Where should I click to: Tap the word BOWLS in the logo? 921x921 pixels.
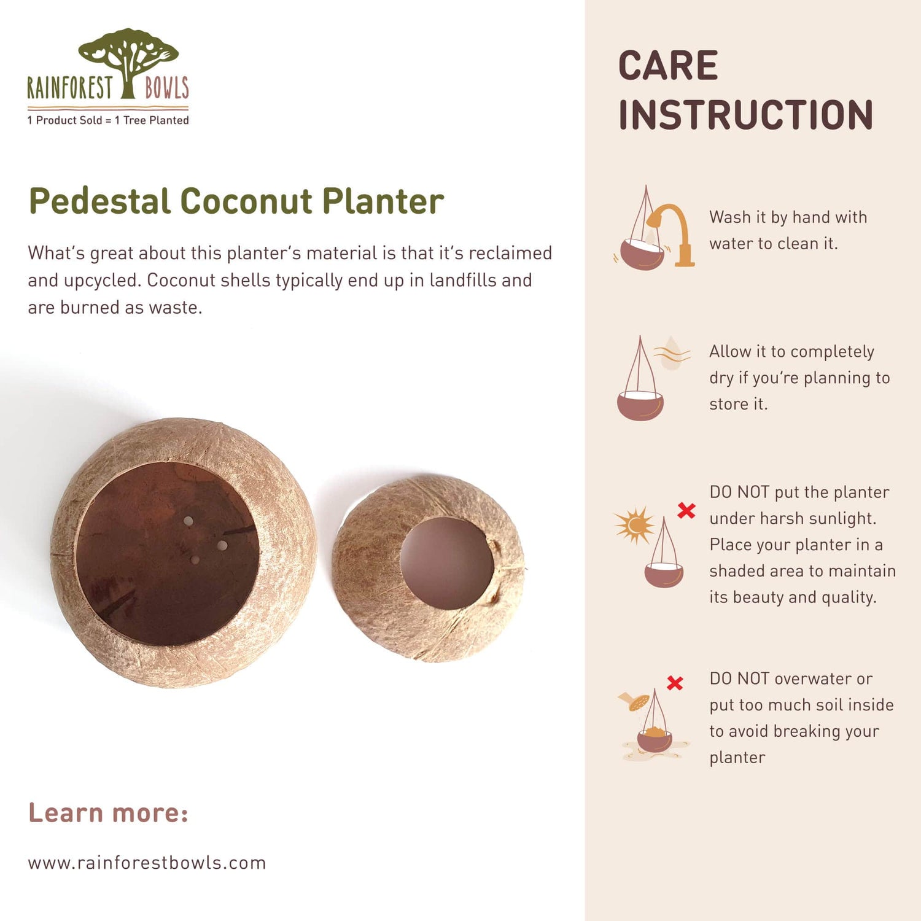click(x=166, y=88)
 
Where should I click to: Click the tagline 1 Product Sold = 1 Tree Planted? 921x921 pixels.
click(x=108, y=120)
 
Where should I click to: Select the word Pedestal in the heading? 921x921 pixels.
click(x=99, y=201)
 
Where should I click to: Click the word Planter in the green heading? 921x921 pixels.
click(x=383, y=201)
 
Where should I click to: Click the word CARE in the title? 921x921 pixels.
click(x=668, y=66)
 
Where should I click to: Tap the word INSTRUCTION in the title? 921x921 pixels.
click(x=745, y=115)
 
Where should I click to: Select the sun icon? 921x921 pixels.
click(x=635, y=525)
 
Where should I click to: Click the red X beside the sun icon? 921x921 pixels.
click(x=686, y=510)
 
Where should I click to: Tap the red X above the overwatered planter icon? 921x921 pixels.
click(x=675, y=683)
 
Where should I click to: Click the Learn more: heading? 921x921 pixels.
click(x=108, y=813)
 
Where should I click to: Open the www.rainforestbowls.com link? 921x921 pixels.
click(x=147, y=863)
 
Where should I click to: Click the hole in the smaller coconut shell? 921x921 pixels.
click(x=447, y=563)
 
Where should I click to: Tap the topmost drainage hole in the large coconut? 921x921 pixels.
click(x=188, y=521)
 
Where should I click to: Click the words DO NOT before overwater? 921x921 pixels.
click(x=739, y=678)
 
